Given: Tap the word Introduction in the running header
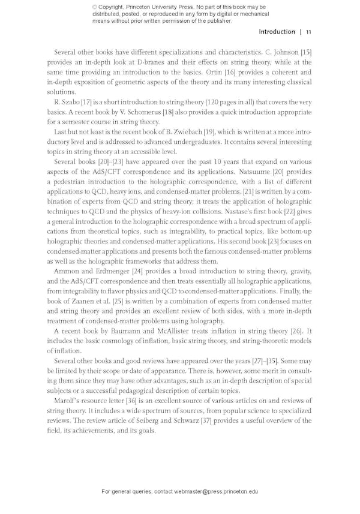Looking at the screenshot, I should [277, 32].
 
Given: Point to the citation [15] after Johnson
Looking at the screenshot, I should [306, 52].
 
